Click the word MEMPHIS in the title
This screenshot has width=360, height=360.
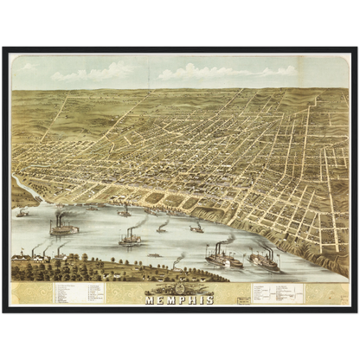[x=180, y=299]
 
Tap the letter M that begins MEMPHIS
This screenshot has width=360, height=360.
[x=149, y=299]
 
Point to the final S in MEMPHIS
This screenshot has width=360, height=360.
[x=210, y=299]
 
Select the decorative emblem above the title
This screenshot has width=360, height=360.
[x=179, y=289]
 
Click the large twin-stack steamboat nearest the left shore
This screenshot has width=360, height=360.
[x=63, y=228]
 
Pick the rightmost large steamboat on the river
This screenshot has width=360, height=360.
[x=264, y=260]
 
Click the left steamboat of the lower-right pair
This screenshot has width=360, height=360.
[x=223, y=258]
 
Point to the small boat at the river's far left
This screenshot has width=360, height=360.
[x=23, y=212]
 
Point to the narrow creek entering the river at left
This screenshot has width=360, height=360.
[x=21, y=186]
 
